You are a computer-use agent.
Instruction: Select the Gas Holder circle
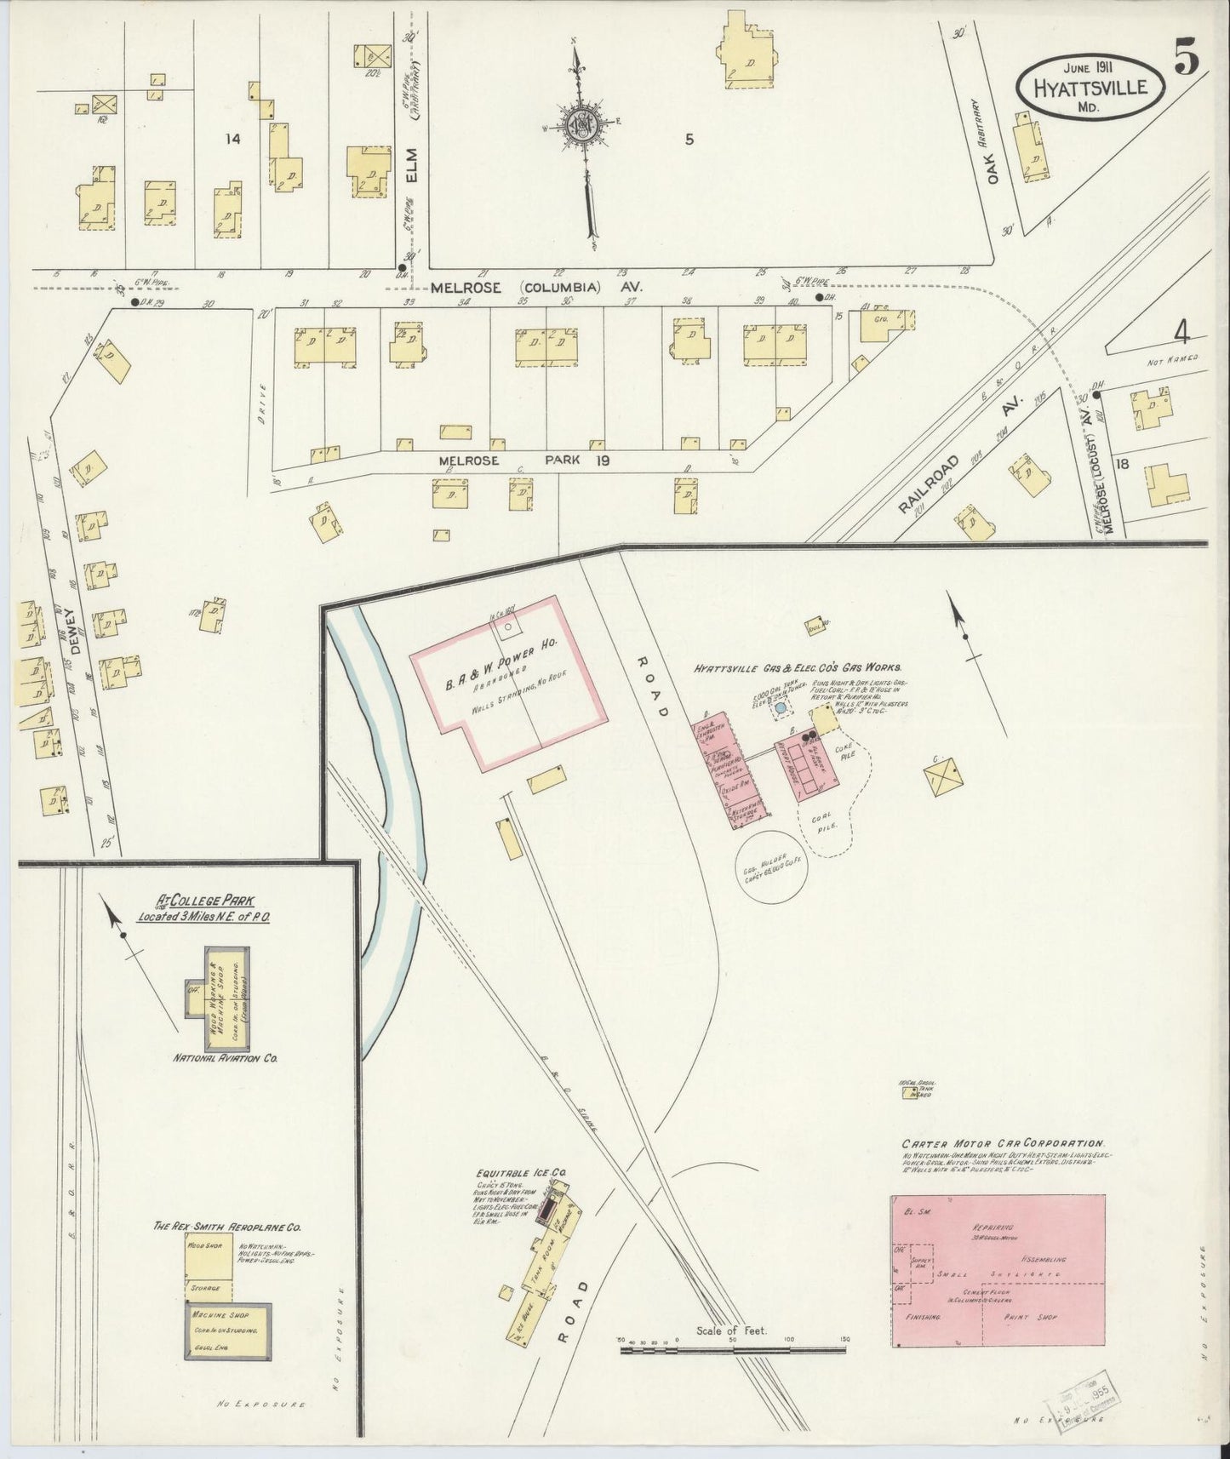click(772, 870)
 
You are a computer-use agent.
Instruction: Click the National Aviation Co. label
click(226, 1059)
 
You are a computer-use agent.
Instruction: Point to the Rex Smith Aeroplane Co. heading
click(226, 1227)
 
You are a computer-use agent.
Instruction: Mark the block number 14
click(228, 140)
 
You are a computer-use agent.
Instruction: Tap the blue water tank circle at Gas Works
click(780, 708)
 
